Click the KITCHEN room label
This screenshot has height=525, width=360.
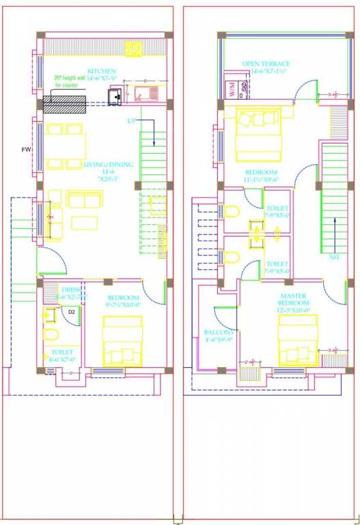(x=102, y=70)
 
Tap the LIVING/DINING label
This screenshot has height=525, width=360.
(x=108, y=165)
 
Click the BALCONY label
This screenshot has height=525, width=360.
(x=219, y=333)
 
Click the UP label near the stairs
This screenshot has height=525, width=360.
(x=131, y=121)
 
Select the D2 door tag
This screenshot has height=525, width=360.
(x=72, y=312)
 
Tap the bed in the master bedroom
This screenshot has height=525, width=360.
(x=298, y=340)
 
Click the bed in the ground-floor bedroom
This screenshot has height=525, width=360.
(x=122, y=340)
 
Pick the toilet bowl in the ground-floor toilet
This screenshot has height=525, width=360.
(x=50, y=334)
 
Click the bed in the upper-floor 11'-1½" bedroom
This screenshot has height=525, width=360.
(x=258, y=131)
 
